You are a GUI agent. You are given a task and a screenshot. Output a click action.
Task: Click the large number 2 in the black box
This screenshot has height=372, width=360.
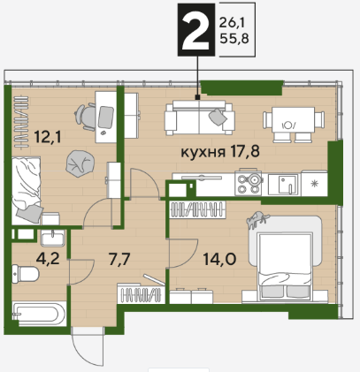[x=195, y=30]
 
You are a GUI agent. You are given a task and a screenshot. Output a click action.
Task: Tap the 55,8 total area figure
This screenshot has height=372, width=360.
[x=234, y=39]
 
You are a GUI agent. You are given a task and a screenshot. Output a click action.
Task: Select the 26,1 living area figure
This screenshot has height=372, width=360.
[x=232, y=22]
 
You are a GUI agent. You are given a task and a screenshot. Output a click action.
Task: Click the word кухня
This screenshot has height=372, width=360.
[x=203, y=153]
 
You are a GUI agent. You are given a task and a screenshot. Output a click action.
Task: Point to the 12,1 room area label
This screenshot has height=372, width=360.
[x=48, y=137]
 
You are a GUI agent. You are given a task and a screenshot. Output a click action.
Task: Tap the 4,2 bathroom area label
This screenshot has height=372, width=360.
[x=48, y=259]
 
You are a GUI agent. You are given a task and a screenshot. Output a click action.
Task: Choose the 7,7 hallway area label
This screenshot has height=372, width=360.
[x=119, y=260]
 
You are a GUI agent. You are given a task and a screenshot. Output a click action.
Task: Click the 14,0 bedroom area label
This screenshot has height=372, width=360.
[x=219, y=259]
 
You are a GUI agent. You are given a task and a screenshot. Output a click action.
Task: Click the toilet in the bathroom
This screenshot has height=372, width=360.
[x=25, y=274]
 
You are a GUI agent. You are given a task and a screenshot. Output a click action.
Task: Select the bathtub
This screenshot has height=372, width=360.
[x=39, y=314]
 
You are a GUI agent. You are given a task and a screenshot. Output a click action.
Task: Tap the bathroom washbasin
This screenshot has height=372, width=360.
[x=53, y=239]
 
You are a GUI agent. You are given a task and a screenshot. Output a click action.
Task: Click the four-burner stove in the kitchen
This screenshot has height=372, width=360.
[x=249, y=183]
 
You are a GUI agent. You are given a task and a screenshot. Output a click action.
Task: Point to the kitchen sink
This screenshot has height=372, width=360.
[x=284, y=185]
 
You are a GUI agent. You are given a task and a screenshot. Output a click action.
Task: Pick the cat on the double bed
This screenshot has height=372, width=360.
[x=257, y=219]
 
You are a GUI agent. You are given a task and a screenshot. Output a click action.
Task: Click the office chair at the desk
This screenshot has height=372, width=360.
[x=86, y=117]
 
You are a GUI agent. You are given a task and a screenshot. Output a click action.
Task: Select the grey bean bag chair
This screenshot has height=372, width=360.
[x=80, y=163]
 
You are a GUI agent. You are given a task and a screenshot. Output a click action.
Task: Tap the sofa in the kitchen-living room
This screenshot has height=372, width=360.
[x=200, y=118]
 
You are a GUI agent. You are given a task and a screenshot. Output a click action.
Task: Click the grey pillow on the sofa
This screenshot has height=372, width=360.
[x=218, y=117]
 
